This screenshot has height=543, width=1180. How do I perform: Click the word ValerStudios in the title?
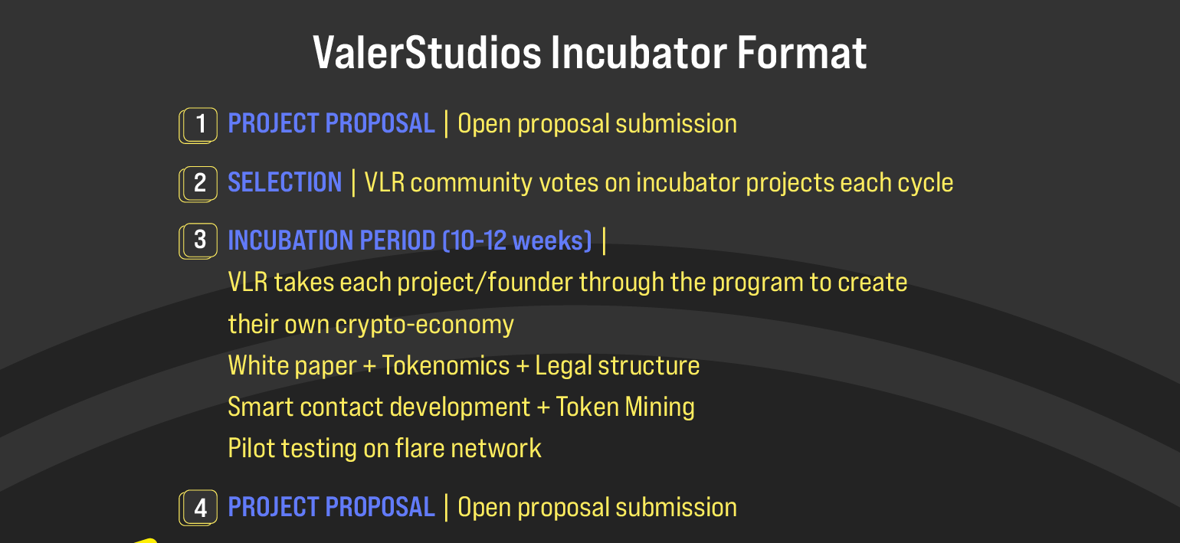[428, 53]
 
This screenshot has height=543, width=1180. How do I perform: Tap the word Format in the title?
[801, 53]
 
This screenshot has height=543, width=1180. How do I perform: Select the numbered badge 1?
[198, 126]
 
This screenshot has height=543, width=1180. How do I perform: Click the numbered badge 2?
[198, 184]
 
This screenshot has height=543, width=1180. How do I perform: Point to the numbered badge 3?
[198, 240]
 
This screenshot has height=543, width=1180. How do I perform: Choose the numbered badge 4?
[198, 508]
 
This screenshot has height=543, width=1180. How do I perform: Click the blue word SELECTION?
[285, 183]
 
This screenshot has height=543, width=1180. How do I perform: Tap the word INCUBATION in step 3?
[290, 240]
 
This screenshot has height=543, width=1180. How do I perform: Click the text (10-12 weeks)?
[517, 240]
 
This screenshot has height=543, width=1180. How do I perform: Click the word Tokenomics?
[446, 365]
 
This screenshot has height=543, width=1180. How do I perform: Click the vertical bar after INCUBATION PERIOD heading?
[604, 240]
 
